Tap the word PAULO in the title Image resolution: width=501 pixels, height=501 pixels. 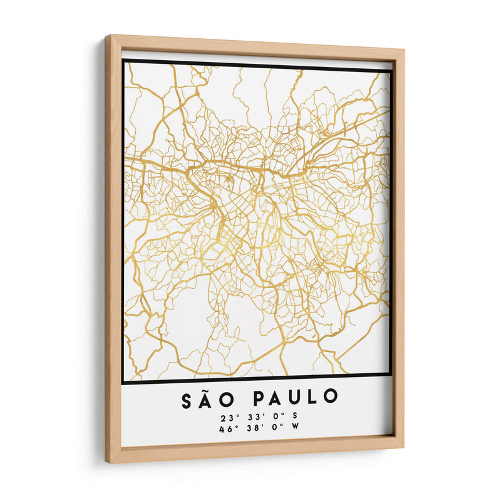click(296, 398)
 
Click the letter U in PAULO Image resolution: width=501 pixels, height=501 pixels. click(297, 398)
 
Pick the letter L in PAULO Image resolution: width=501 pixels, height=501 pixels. click(314, 398)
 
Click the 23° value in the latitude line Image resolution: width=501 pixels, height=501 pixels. click(227, 418)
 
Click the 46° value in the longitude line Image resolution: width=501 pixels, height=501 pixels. click(227, 429)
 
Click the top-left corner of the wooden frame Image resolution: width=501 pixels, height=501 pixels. click(106, 36)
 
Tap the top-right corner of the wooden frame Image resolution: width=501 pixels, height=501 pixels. click(404, 49)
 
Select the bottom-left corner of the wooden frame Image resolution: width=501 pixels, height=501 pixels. click(106, 462)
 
